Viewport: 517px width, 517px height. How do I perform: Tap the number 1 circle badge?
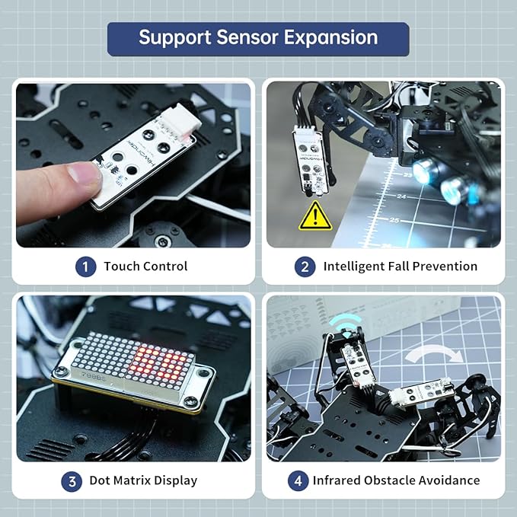click(x=85, y=266)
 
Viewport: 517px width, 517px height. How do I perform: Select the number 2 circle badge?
click(x=305, y=266)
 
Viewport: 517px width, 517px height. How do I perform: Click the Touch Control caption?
click(x=145, y=266)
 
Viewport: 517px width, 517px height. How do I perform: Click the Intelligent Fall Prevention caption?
click(x=400, y=266)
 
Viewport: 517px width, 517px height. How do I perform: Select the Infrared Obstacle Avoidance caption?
click(x=396, y=480)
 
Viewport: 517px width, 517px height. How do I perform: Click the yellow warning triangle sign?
click(x=314, y=215)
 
